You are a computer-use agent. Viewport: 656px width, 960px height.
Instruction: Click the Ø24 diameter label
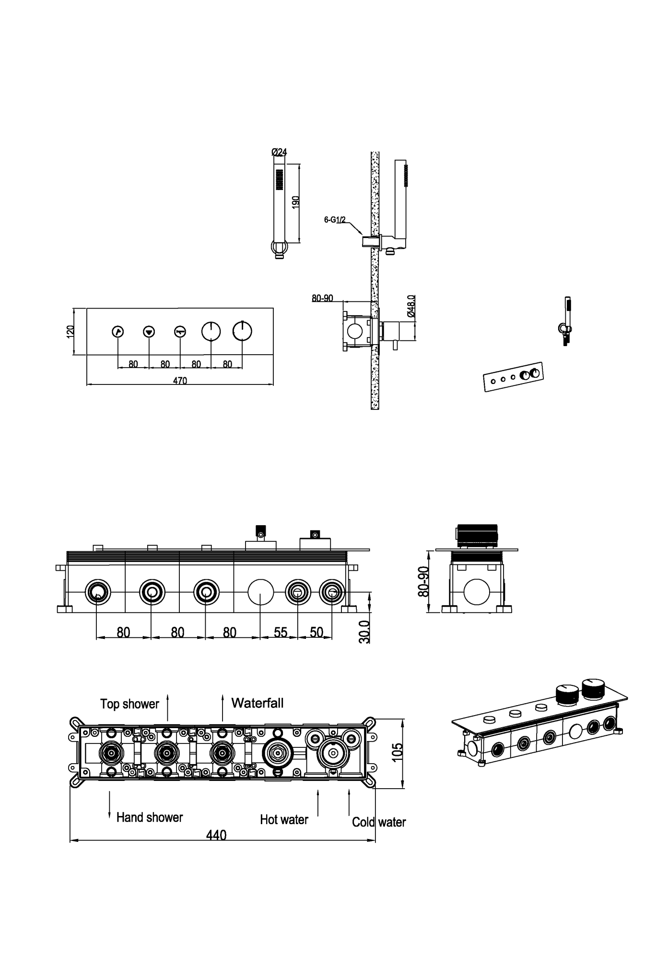(279, 152)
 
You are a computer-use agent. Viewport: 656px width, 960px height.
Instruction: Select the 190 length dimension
(296, 202)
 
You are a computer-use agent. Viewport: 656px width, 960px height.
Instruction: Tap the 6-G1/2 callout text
(335, 220)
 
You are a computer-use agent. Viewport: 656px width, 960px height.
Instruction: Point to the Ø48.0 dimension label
(411, 306)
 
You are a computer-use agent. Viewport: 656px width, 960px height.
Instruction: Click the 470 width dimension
(180, 381)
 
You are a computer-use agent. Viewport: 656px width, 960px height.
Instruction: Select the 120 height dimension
(70, 332)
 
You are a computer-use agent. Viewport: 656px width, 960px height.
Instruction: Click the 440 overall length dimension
(216, 835)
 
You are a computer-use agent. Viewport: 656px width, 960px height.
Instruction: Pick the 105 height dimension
(398, 752)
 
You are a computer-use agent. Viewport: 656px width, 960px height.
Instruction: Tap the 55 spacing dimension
(281, 632)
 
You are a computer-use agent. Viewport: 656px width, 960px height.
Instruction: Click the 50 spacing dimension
(316, 632)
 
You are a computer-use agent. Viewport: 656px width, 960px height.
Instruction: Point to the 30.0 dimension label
(364, 632)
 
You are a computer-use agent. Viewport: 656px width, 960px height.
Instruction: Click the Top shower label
(129, 704)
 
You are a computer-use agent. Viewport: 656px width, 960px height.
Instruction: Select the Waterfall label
(258, 703)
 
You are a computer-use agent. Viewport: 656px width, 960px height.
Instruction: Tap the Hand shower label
(150, 817)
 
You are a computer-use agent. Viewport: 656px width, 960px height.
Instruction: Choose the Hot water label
(284, 819)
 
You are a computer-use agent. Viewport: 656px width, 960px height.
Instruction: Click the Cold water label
(379, 822)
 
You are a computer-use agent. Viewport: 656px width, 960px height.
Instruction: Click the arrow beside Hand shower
(109, 805)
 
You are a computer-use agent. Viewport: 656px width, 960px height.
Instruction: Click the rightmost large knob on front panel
(242, 331)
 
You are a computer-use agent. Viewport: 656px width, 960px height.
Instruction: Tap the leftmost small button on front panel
(118, 331)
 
